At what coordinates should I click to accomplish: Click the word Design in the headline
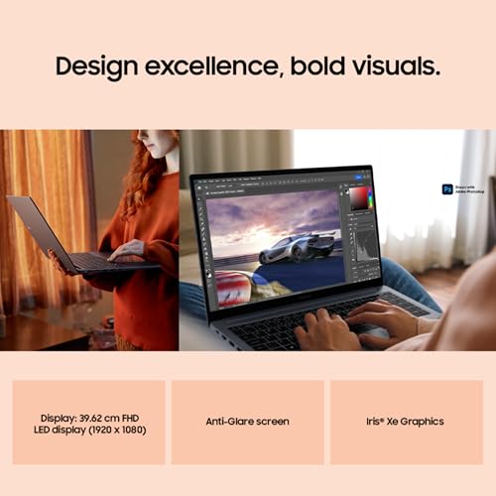coord(96,67)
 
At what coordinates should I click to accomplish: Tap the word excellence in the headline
coord(210,67)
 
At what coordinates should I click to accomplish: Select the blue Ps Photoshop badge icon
coord(447,188)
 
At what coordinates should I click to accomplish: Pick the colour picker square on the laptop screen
coord(359,198)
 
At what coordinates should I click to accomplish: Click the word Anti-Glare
coord(228,422)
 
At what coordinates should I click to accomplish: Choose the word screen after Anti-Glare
coord(272,422)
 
